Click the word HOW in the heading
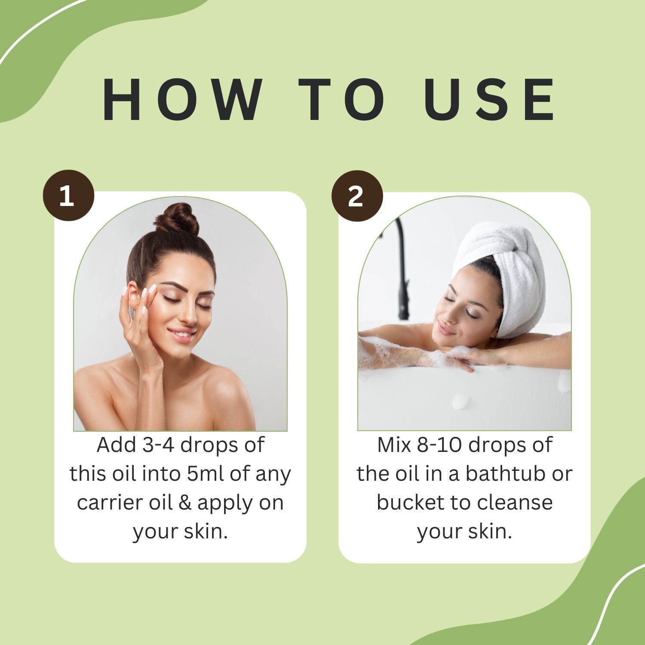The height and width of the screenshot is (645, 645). coord(182,100)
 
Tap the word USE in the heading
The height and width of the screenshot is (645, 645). coord(489,100)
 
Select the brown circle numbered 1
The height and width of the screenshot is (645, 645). coord(68,196)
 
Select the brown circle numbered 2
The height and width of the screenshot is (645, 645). coord(357,196)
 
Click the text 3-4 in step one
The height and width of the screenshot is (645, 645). coord(158,445)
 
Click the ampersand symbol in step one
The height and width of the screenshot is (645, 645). coord(184,503)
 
